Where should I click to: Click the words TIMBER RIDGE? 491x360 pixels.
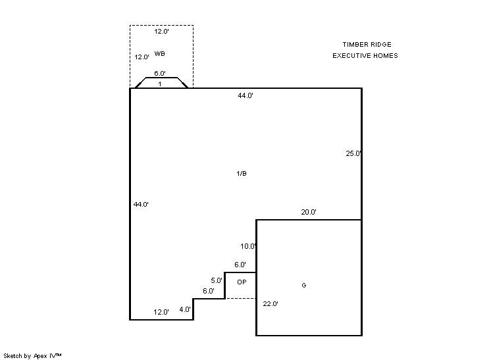click(x=367, y=45)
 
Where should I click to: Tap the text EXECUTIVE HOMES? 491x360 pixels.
click(x=365, y=56)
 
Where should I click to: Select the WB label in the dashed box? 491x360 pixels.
click(x=159, y=53)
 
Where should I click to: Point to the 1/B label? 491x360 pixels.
click(x=241, y=174)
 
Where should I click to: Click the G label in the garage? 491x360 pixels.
click(x=303, y=286)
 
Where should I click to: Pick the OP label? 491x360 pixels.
click(x=242, y=282)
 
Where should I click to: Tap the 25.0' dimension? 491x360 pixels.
click(x=353, y=154)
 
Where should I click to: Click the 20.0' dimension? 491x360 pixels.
click(x=309, y=213)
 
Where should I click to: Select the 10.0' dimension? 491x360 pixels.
click(x=248, y=247)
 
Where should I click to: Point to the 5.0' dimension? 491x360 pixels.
click(x=217, y=280)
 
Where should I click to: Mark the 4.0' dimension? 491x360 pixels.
click(x=185, y=309)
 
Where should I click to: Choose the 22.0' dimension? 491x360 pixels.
click(x=271, y=304)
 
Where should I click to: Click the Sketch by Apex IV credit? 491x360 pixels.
click(x=32, y=355)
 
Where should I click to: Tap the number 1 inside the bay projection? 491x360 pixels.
click(x=160, y=84)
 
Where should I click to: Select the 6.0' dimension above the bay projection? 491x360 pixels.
click(x=160, y=74)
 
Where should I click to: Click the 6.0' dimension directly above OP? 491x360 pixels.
click(x=240, y=265)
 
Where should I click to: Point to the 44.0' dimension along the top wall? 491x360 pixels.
click(x=245, y=96)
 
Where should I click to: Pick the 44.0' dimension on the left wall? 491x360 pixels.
click(x=141, y=205)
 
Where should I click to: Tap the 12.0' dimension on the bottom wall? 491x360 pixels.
click(x=161, y=312)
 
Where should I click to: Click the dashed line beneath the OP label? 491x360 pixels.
click(x=240, y=298)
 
